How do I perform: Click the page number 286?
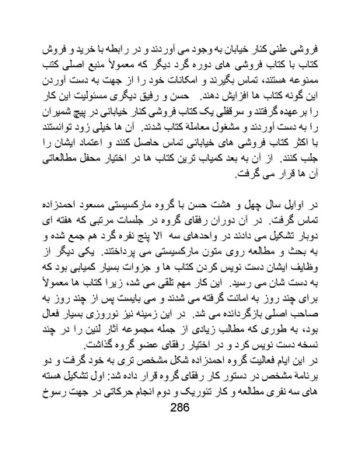click(x=180, y=433)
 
